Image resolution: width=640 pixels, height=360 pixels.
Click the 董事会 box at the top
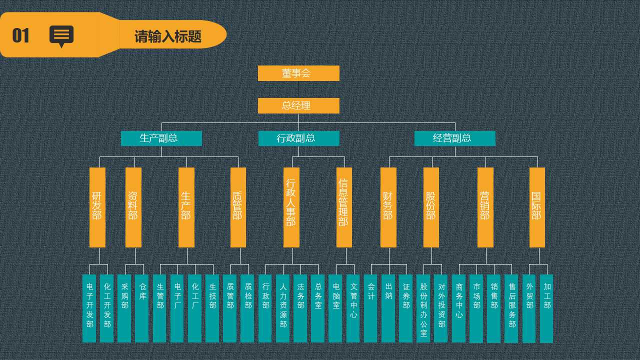click(x=298, y=73)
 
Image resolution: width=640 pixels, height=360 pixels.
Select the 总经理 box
click(x=298, y=105)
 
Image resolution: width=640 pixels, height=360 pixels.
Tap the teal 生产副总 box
click(x=161, y=138)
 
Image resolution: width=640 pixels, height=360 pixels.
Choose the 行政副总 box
click(x=298, y=138)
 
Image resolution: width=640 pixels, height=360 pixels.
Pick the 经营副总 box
click(x=454, y=138)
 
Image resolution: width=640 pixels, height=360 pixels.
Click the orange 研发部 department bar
click(x=97, y=207)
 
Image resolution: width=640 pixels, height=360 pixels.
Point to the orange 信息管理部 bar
click(x=344, y=207)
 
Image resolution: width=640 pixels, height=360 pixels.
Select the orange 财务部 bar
click(x=388, y=207)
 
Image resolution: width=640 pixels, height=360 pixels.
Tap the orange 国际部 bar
click(x=537, y=207)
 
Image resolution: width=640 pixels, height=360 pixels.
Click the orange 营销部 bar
click(x=485, y=207)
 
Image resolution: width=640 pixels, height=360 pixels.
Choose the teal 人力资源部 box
click(x=283, y=308)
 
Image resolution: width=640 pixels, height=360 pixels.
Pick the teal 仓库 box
click(x=142, y=308)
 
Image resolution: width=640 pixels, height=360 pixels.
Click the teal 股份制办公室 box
click(x=423, y=308)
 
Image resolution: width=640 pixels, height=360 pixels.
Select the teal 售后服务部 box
click(x=511, y=308)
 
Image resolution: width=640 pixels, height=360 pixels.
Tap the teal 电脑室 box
click(x=335, y=308)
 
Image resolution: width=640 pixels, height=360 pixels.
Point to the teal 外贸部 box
click(x=529, y=308)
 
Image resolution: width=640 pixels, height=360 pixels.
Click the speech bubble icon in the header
click(x=61, y=36)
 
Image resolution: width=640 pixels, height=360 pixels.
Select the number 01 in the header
click(x=21, y=36)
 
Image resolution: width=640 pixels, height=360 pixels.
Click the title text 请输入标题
click(x=168, y=36)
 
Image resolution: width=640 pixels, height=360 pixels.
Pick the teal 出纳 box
click(x=388, y=308)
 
